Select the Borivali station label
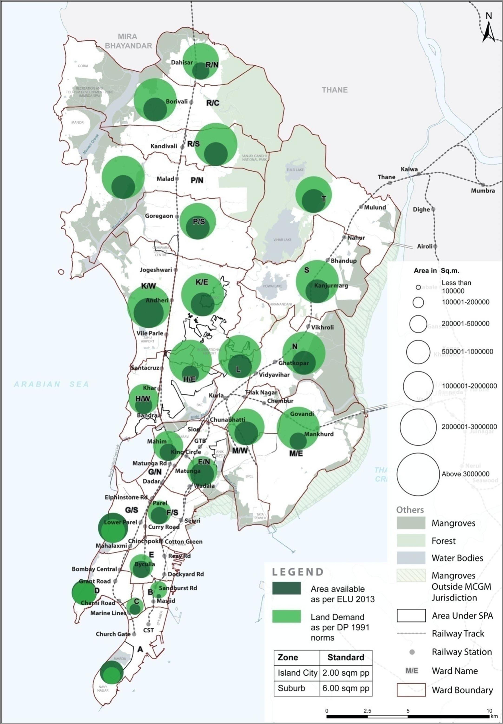click(177, 102)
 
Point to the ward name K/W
click(148, 286)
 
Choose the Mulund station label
click(375, 207)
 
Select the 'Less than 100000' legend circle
click(418, 287)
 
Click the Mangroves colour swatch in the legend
click(411, 523)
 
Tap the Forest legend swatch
click(411, 541)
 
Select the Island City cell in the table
click(297, 673)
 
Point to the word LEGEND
click(298, 572)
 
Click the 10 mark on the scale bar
click(489, 711)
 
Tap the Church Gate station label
click(113, 634)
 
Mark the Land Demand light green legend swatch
click(286, 617)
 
